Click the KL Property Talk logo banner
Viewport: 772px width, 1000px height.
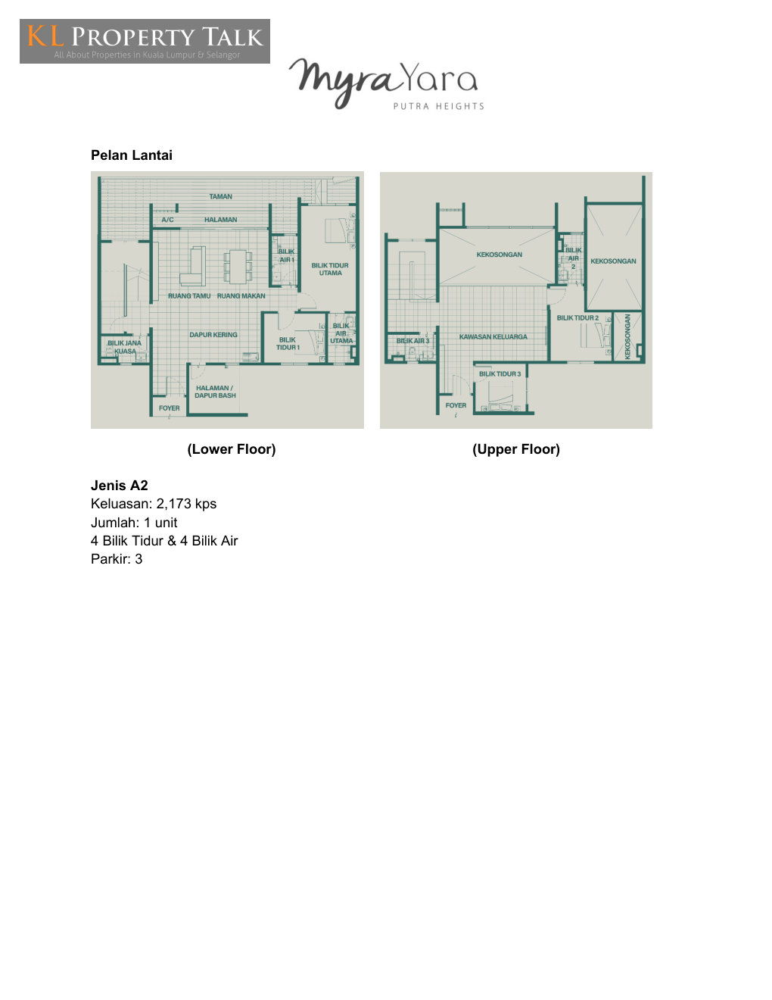point(145,41)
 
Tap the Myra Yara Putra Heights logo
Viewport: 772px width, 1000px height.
point(386,83)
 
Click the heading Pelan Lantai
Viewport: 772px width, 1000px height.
point(132,155)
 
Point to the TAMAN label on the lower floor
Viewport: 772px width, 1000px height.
point(221,196)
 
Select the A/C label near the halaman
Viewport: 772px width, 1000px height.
point(167,220)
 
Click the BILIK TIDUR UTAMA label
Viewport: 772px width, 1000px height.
point(330,269)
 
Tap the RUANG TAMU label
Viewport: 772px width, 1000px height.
point(189,296)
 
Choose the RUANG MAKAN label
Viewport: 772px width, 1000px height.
point(241,296)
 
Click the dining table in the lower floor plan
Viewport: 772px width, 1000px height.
point(238,267)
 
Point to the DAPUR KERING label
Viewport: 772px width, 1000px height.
point(213,335)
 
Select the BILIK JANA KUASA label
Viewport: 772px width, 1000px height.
point(125,347)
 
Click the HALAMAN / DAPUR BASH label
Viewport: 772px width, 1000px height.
point(215,392)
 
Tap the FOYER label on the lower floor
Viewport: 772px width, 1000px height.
point(170,408)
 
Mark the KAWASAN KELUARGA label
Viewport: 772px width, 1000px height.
point(493,337)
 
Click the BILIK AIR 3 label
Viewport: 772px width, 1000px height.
point(413,341)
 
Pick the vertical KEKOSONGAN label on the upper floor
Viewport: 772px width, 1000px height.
point(627,337)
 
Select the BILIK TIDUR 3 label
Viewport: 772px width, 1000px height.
point(500,374)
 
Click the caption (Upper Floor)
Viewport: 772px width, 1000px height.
point(516,449)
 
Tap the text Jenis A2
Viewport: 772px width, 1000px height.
point(119,486)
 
